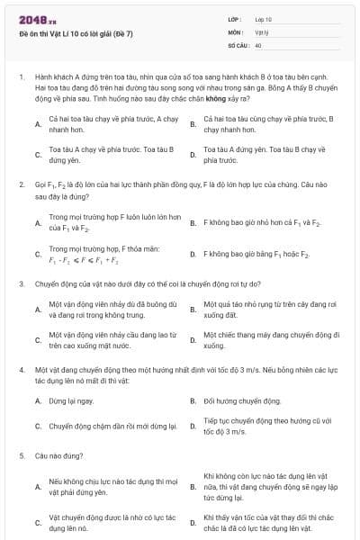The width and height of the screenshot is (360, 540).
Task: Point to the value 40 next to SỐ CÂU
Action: point(258,44)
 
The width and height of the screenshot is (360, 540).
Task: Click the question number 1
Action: point(21,78)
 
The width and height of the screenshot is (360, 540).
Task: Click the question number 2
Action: point(21,183)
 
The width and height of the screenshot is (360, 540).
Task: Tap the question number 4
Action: point(21,369)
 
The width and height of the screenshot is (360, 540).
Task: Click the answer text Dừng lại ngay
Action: point(72,400)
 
